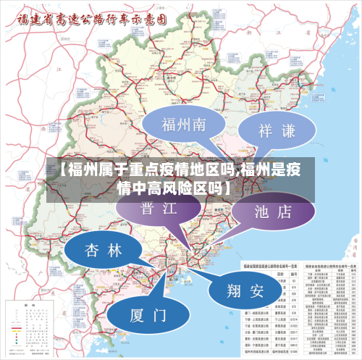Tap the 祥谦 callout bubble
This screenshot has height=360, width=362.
click(x=277, y=131)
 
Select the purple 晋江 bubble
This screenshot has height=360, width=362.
click(x=158, y=209)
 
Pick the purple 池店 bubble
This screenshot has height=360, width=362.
click(x=273, y=212)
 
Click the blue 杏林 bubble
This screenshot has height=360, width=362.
click(x=104, y=251)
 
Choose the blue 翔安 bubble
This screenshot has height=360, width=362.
click(x=245, y=291)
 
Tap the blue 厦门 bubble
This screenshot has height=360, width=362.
click(x=148, y=316)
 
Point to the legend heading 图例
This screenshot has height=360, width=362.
click(x=29, y=305)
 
